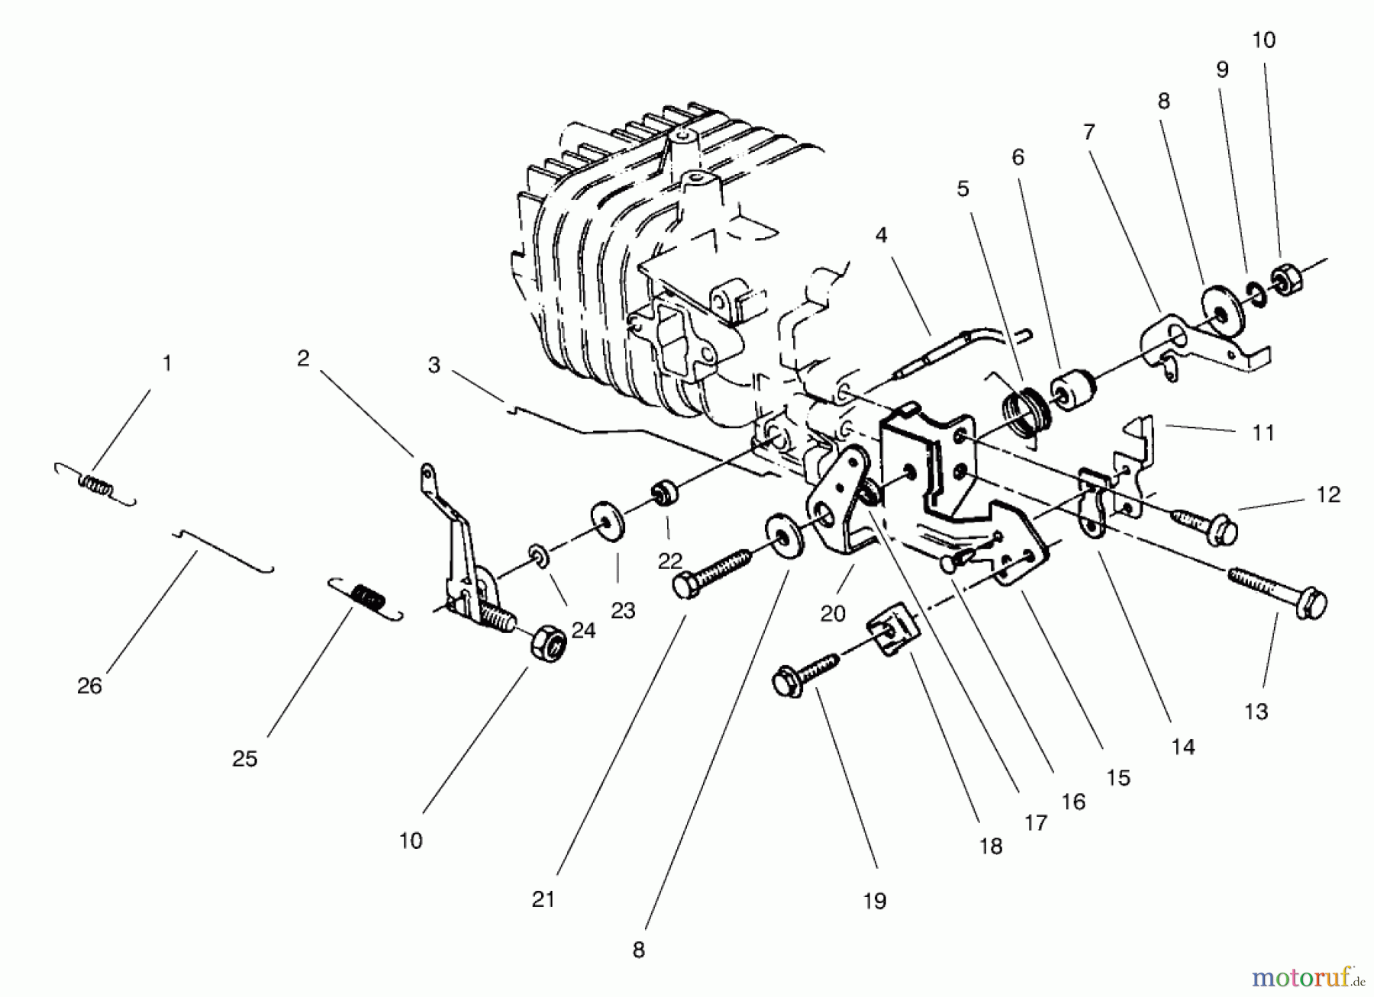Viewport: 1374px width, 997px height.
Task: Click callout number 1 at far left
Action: tap(166, 364)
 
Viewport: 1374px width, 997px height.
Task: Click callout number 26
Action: tap(89, 686)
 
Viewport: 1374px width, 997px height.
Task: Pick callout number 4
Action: tap(882, 236)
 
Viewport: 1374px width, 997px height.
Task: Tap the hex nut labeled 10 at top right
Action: tap(1287, 281)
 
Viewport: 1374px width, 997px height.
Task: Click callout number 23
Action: tap(623, 610)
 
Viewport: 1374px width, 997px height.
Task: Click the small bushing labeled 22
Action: tap(665, 493)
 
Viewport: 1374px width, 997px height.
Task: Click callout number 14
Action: tap(1182, 747)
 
